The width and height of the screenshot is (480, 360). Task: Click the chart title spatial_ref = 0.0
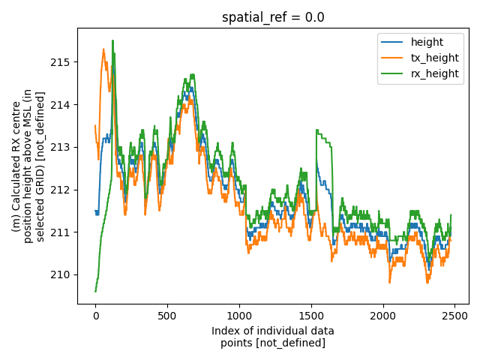[x=273, y=17]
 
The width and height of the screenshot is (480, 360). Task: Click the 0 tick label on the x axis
[x=95, y=316]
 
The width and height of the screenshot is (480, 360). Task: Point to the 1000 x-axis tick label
[x=239, y=316]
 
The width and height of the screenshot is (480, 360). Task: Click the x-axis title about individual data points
[x=273, y=337]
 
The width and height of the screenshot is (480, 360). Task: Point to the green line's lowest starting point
[x=95, y=291]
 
